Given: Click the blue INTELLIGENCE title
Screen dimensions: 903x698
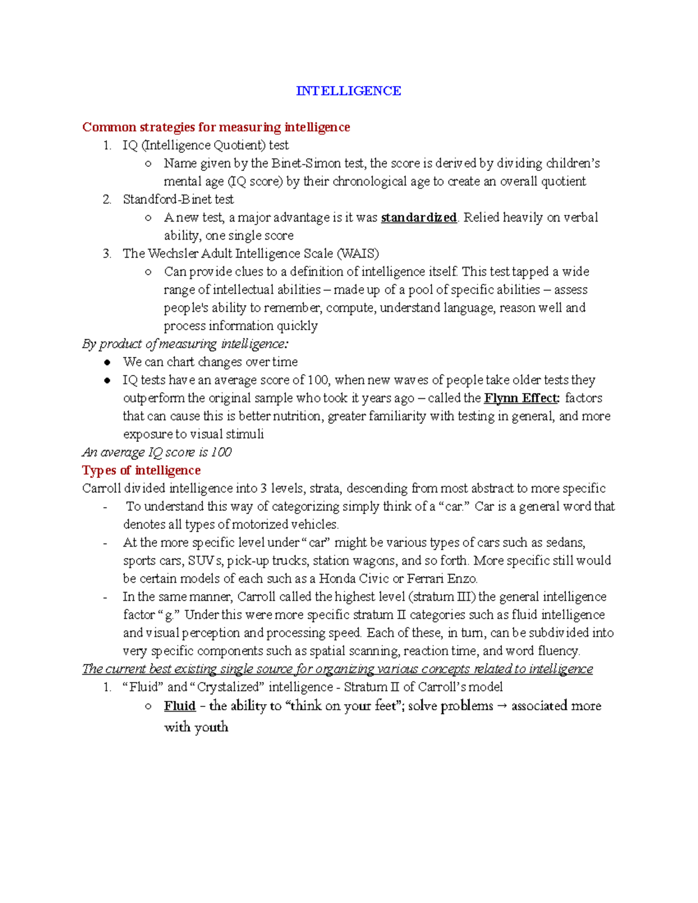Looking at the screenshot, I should (348, 91).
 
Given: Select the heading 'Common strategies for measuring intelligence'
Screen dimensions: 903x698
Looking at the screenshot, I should (216, 127).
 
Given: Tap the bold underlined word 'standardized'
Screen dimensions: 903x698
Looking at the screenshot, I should (418, 217).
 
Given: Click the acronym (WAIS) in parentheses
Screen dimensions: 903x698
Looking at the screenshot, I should (358, 254).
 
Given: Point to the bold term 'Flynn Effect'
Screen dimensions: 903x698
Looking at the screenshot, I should (521, 398).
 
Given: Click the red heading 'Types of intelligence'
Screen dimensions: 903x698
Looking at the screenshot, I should (141, 470).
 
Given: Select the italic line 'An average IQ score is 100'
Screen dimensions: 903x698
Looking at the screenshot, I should (157, 452).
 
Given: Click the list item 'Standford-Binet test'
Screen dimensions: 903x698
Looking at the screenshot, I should (178, 199).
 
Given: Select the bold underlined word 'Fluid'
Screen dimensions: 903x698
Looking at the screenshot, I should (179, 706).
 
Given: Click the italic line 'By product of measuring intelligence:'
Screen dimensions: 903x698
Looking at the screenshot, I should (186, 344).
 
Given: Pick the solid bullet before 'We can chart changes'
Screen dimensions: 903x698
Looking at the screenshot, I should (107, 362).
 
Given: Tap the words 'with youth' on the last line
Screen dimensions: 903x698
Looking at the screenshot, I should (196, 727).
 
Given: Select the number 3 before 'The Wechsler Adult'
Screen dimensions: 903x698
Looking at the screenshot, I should (106, 254).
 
